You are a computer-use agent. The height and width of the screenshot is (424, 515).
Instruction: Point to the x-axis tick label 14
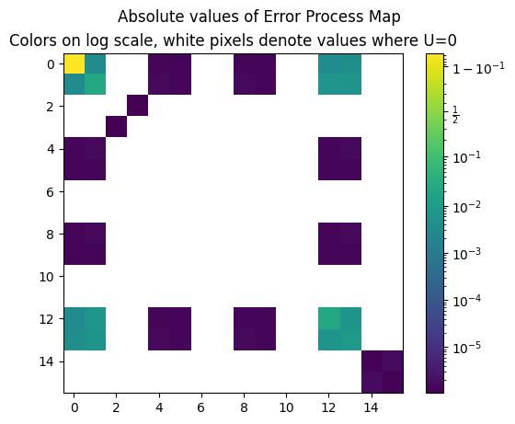(371, 407)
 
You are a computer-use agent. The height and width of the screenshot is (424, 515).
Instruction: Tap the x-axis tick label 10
(286, 407)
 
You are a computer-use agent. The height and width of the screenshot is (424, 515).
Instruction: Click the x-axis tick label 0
(74, 407)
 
